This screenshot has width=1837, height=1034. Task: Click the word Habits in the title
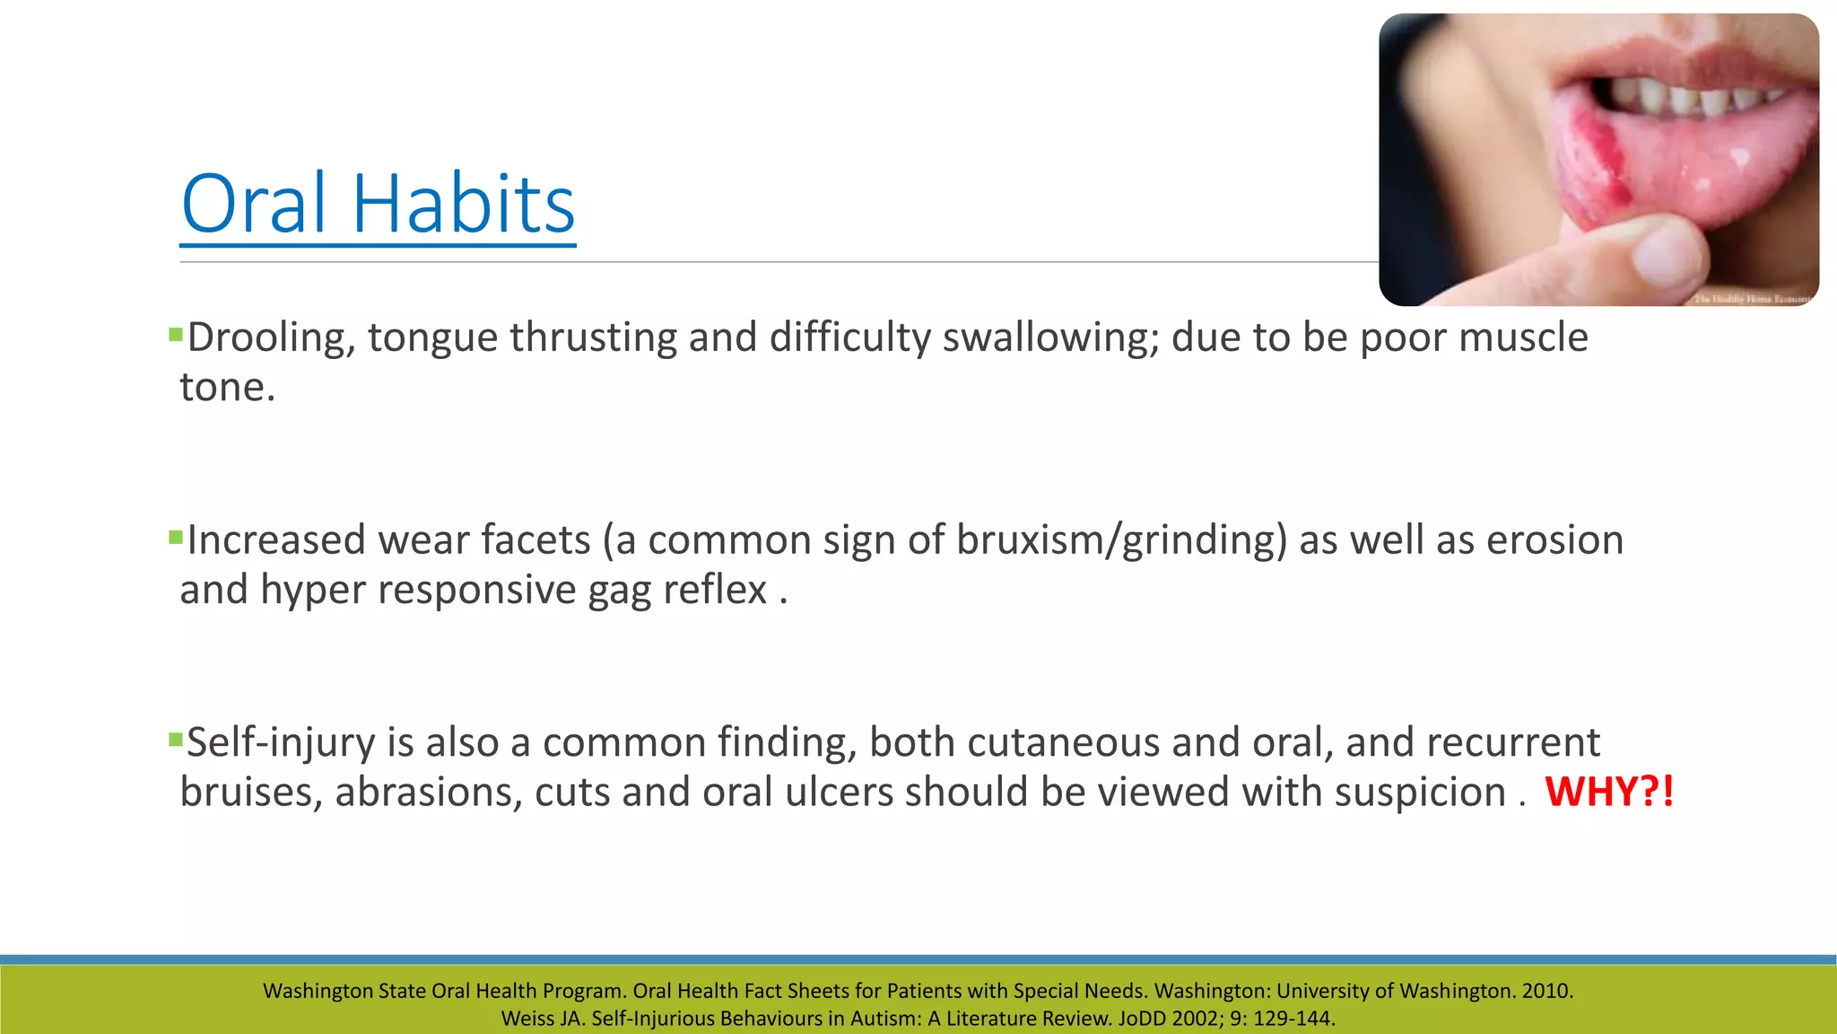[x=463, y=205]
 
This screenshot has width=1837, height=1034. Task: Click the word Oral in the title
[x=254, y=205]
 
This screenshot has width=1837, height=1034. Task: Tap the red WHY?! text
[x=1609, y=793]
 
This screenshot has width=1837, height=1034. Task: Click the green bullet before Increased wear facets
[x=175, y=539]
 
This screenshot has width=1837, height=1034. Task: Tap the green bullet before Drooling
[x=175, y=336]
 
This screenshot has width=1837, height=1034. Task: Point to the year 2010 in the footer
[x=1546, y=991]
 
